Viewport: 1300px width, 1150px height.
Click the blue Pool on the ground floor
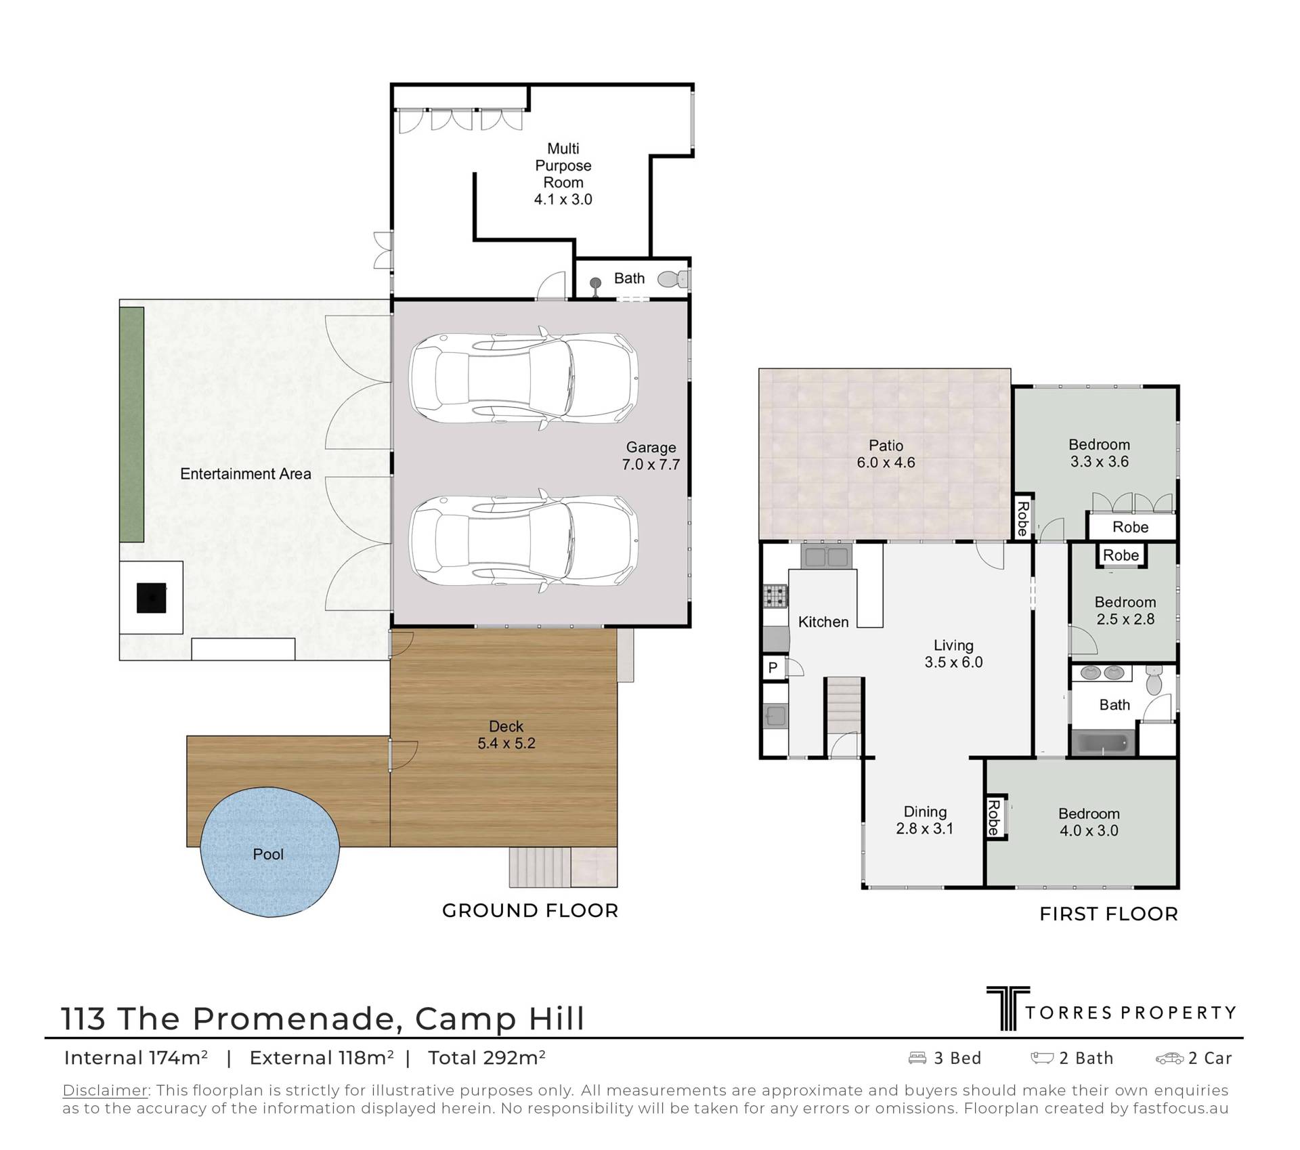[x=269, y=852]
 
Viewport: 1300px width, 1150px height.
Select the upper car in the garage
[x=523, y=378]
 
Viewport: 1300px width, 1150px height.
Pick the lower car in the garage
[x=523, y=540]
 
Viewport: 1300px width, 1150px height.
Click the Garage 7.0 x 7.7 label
[x=651, y=456]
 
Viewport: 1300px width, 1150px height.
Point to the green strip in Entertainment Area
[x=132, y=424]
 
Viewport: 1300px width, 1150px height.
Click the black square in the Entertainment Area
[x=151, y=598]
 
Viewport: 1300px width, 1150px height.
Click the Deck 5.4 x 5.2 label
[x=506, y=735]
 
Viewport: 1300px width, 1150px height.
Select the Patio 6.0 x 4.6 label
[x=886, y=454]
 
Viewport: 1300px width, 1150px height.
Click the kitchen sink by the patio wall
[x=825, y=556]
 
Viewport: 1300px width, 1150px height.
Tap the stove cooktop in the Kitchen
[x=776, y=595]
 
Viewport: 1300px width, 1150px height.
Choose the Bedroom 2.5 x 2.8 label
[x=1125, y=610]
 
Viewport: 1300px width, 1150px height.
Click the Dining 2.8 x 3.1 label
[x=925, y=819]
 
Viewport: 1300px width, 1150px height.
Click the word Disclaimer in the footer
[x=105, y=1090]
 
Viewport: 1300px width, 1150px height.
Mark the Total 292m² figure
[x=486, y=1058]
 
